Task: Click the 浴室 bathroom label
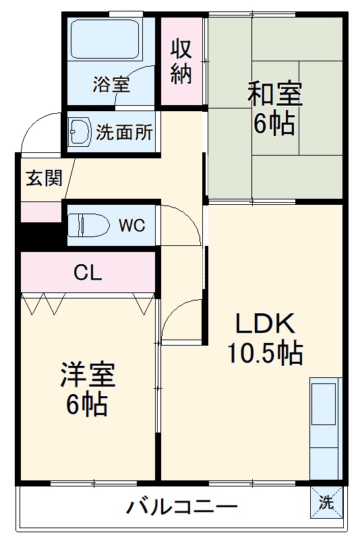tap(111, 85)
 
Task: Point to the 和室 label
tap(274, 94)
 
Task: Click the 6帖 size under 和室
tap(274, 124)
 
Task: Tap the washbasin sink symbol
tap(80, 132)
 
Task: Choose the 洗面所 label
tap(124, 132)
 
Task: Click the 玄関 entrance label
tap(44, 179)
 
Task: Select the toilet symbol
tap(88, 225)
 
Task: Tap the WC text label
tap(131, 226)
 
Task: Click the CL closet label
tap(88, 273)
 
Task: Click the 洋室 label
tap(88, 375)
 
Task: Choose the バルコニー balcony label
tap(181, 506)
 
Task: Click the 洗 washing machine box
tap(326, 502)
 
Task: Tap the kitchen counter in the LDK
tap(325, 428)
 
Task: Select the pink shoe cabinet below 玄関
tap(41, 212)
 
